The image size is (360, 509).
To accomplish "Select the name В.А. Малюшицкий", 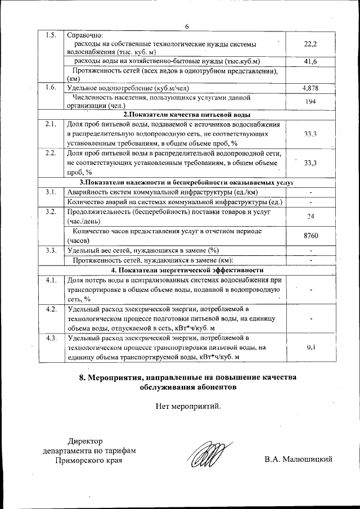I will (x=299, y=460).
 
